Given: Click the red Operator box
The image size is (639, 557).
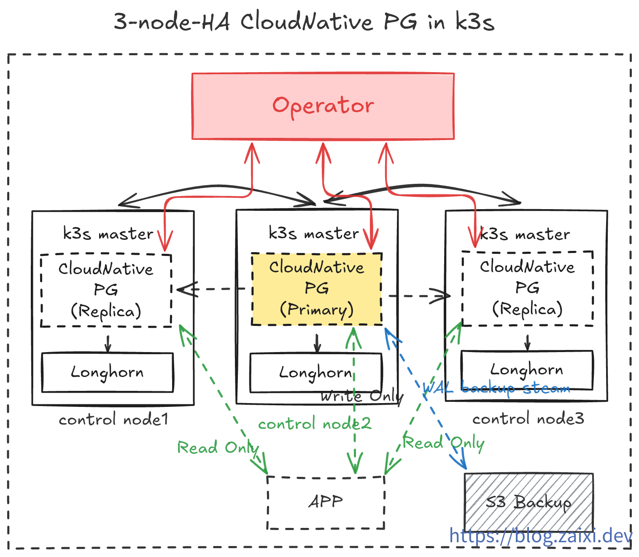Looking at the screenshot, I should click(323, 106).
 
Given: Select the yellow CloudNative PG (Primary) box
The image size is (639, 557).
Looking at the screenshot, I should click(316, 289).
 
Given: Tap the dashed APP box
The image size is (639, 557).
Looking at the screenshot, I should click(326, 502).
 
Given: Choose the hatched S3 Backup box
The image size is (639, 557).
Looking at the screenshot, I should click(528, 502).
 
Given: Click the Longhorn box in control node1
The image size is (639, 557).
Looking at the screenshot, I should click(107, 372).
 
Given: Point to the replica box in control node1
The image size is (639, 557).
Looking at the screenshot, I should click(106, 290).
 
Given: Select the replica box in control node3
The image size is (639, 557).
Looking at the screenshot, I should click(527, 288).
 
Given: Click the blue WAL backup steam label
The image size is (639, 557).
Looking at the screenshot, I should click(496, 387).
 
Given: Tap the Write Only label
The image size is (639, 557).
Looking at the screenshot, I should click(361, 396).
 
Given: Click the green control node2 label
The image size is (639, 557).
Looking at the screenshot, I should click(315, 423).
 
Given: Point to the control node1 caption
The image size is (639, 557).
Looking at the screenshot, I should click(113, 420).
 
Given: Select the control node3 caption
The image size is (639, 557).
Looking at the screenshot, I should click(528, 419).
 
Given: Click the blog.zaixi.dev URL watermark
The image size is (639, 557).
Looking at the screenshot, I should click(541, 536).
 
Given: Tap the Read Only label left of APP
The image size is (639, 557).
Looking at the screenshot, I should click(218, 447).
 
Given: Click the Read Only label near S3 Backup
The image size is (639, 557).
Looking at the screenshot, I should click(443, 443).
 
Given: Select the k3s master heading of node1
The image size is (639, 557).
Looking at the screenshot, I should click(108, 234).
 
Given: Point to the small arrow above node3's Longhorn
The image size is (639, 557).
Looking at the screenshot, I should click(527, 342).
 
